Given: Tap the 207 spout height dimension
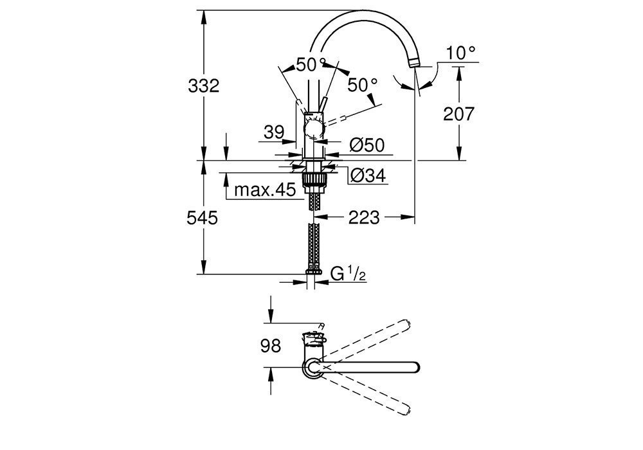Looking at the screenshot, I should [459, 114].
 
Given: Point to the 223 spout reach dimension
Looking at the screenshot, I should [365, 218].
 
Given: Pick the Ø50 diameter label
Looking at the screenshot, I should [367, 146].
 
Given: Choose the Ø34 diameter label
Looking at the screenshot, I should [367, 175].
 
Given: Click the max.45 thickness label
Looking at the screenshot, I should [264, 190].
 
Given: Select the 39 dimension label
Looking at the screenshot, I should [273, 132].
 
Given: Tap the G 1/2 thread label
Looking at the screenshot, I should [348, 274].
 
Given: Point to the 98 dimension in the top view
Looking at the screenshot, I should [271, 346].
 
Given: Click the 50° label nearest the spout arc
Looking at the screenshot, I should [311, 64].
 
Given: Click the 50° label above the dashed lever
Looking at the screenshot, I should [362, 84].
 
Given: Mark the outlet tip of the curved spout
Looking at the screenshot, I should [414, 64].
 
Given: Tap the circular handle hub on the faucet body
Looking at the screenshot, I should [313, 130].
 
